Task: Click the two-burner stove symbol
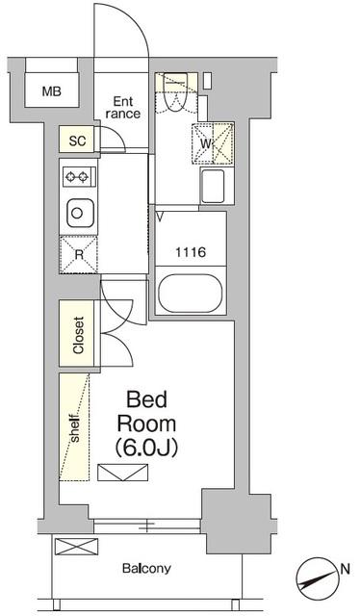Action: (x=77, y=177)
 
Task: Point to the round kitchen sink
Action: (x=77, y=211)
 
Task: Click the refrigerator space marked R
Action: (x=79, y=254)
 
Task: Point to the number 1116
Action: (x=190, y=253)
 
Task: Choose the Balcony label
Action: (x=146, y=568)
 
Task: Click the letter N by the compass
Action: (x=343, y=569)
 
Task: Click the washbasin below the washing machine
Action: (x=213, y=185)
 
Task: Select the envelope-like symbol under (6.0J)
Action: (x=123, y=471)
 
